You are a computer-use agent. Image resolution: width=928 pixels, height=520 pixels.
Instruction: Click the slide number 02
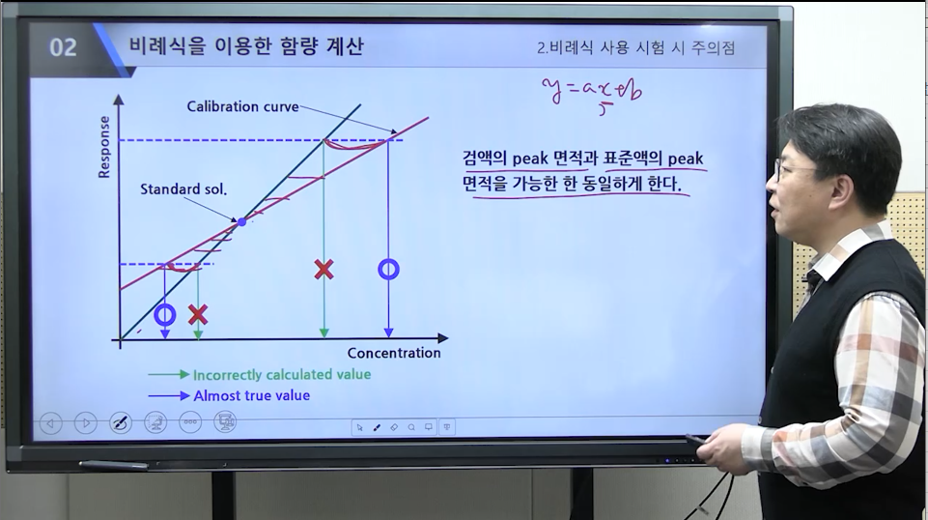63,47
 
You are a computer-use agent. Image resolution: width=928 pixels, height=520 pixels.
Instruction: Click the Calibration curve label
242,106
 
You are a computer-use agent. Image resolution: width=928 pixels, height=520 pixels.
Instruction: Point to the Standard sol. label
183,188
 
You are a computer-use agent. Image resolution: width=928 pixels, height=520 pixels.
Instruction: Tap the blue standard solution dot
241,222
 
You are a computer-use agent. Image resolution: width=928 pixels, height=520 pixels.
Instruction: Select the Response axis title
104,147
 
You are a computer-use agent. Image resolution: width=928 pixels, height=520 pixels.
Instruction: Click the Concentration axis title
394,353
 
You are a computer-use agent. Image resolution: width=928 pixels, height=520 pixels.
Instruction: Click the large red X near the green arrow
323,270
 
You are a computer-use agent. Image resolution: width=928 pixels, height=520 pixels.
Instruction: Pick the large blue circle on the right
388,270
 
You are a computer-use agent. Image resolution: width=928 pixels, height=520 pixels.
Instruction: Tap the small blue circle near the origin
165,314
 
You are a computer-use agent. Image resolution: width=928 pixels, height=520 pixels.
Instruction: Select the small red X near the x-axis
198,314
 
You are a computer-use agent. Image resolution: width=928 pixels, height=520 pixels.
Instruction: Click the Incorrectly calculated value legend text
282,375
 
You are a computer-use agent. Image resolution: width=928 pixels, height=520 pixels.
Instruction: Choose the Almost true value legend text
251,395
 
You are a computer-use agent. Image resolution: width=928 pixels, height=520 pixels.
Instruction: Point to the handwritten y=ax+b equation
592,94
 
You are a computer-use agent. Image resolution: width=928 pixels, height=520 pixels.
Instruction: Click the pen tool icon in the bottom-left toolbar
121,423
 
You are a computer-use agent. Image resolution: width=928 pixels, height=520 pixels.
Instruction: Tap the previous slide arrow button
51,423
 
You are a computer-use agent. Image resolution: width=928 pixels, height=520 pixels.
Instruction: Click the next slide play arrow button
86,423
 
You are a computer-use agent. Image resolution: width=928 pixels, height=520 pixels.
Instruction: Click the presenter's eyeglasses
793,172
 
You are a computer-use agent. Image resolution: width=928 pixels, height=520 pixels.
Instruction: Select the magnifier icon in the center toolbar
411,427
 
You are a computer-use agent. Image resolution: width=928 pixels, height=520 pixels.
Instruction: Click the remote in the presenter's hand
696,440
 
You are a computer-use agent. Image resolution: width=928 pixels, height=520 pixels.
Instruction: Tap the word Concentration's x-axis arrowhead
442,338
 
